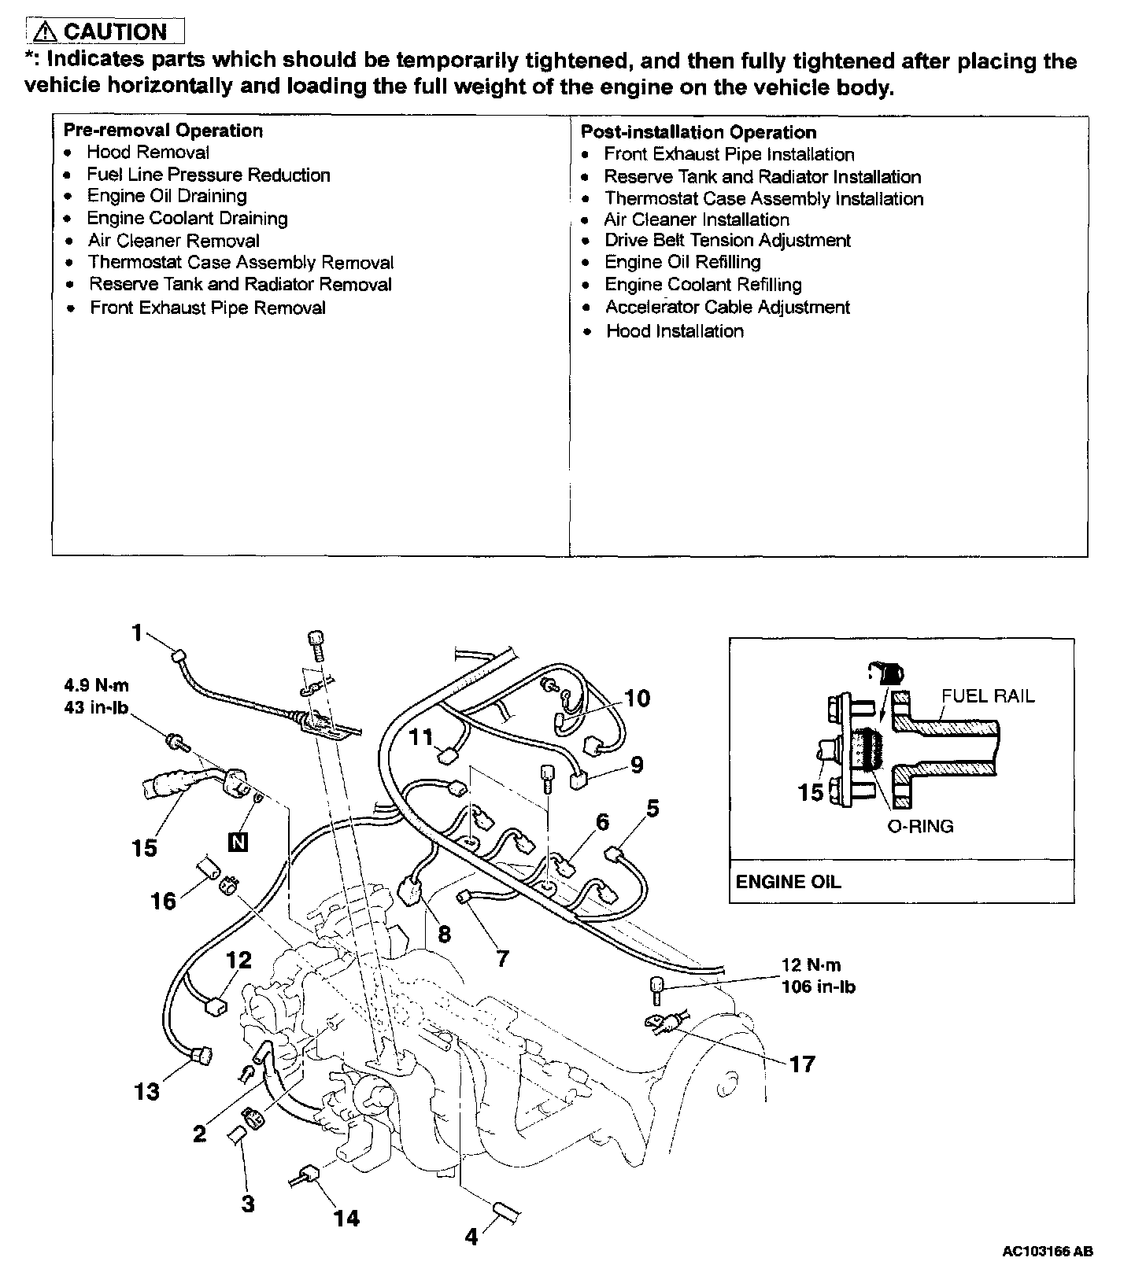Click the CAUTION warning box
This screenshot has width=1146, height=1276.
[105, 31]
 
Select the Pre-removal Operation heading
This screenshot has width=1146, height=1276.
[163, 131]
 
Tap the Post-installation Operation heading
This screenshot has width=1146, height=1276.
[698, 132]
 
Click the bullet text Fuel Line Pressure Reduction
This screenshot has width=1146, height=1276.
[209, 175]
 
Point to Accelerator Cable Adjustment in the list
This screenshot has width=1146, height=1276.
[727, 307]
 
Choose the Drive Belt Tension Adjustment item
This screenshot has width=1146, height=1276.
[727, 241]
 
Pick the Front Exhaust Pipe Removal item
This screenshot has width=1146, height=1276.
[208, 308]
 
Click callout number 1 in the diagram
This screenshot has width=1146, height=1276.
[138, 632]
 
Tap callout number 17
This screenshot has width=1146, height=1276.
[801, 1064]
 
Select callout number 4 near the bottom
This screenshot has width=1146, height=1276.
[471, 1237]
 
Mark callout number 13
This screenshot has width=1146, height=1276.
[147, 1091]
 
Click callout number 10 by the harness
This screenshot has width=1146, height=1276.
[638, 698]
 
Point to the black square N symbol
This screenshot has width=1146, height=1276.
[237, 843]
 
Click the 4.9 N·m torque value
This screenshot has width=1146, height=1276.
[97, 686]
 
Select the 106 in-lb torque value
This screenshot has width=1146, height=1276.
[818, 987]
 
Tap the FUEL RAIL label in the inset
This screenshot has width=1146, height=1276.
[988, 695]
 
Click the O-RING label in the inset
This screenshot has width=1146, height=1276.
[920, 826]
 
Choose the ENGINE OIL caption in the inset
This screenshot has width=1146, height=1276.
[788, 882]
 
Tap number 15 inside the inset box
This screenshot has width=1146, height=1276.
[811, 791]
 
